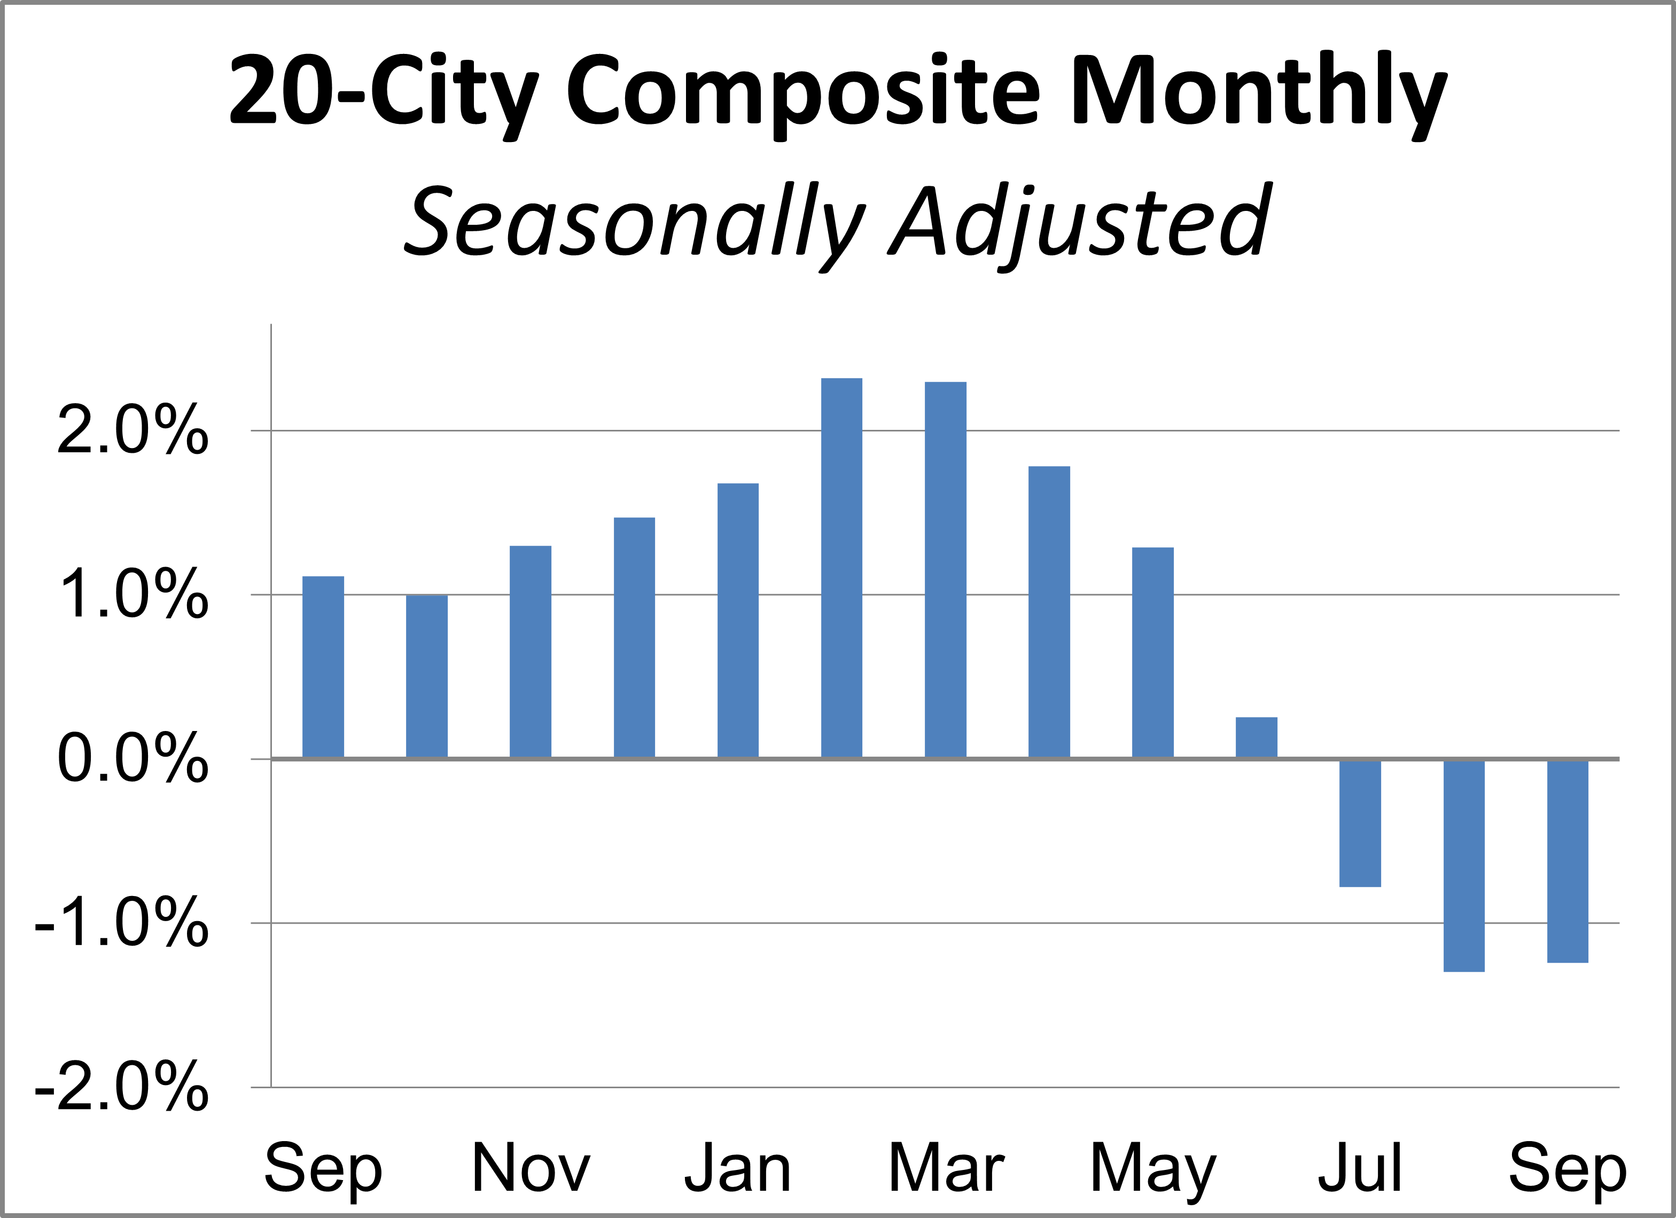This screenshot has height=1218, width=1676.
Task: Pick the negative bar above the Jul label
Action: click(x=1360, y=823)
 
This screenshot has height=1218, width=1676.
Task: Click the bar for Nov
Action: click(x=531, y=651)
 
